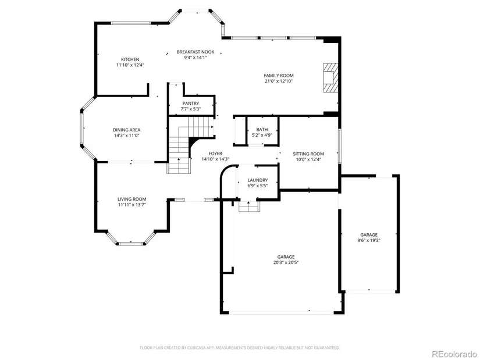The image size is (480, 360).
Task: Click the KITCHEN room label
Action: coord(130,59)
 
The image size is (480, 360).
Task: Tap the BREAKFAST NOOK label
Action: coord(195,52)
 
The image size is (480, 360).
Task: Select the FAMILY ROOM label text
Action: coord(279,75)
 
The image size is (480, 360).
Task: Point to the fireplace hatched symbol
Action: coord(331,77)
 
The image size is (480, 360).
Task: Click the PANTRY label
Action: coord(191,104)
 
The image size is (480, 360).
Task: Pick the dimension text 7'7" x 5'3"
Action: coord(190,109)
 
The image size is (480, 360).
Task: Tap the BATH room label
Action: coord(262,130)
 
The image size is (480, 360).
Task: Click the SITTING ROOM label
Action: coord(308,154)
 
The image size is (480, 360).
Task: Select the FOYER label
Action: coord(215,154)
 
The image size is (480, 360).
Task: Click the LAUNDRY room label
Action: coord(257,180)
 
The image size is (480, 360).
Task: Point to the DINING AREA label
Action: coord(126,130)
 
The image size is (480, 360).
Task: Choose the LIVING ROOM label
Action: coord(132,199)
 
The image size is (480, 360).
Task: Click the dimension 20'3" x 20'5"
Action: coord(286,262)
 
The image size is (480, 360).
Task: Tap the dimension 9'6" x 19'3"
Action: coord(369,240)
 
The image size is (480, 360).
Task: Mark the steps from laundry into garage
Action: coord(249,206)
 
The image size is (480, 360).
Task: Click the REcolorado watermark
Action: coord(454,354)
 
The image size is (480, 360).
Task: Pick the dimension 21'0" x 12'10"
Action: coord(279,81)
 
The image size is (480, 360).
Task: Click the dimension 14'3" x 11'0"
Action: coord(126,136)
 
